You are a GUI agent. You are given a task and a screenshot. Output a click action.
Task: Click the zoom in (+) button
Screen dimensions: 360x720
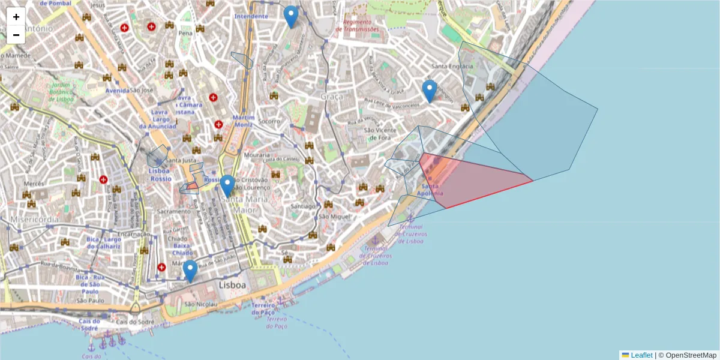point(16,17)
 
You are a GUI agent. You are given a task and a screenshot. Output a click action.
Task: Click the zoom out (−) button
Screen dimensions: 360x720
point(16,35)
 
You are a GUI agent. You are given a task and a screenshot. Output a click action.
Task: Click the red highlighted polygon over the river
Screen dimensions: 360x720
point(474,180)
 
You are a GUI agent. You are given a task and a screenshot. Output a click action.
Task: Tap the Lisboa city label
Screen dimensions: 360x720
point(233,285)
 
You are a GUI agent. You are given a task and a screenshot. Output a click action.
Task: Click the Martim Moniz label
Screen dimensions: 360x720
point(244,121)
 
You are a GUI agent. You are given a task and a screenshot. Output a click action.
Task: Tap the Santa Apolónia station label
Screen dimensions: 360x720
point(433,190)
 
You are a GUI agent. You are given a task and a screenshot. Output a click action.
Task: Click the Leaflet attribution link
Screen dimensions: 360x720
point(641,355)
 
